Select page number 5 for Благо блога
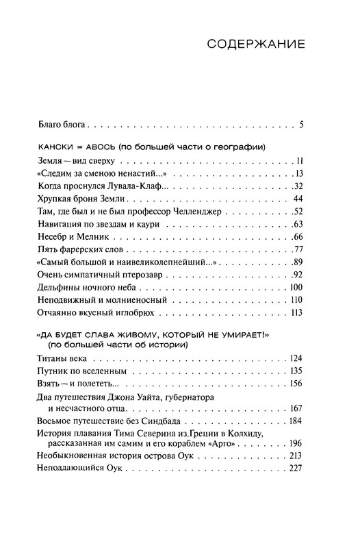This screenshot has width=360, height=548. coord(300,125)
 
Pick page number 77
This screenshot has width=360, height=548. coord(297,249)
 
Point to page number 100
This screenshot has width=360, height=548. coord(296,286)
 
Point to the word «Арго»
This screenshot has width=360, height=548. coord(256,448)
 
